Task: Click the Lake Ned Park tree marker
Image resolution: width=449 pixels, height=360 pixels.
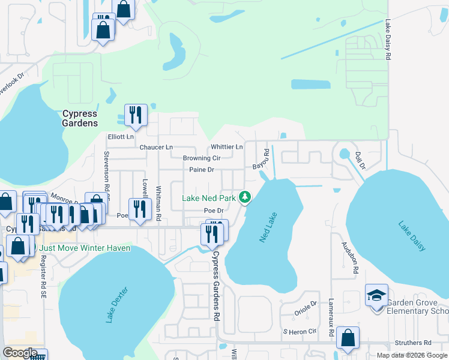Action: click(245, 197)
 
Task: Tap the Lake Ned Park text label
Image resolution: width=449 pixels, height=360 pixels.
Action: click(209, 198)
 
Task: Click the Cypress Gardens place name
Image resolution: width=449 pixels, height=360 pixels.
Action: click(80, 118)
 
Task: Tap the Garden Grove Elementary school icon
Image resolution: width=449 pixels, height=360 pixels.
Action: click(376, 296)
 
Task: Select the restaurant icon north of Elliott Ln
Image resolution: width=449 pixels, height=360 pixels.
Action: click(136, 115)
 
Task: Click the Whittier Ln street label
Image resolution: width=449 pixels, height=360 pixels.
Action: click(226, 147)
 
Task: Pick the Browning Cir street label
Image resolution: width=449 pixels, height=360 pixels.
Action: click(202, 158)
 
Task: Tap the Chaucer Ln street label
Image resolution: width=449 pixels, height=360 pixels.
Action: click(155, 147)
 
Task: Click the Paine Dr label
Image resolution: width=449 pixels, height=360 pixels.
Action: click(202, 170)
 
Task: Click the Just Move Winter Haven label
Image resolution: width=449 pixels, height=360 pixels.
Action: click(83, 248)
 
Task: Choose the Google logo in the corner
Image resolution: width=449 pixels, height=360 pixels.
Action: click(19, 352)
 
